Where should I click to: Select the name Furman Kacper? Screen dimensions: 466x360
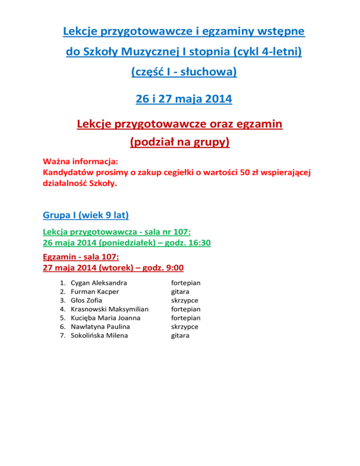coord(95,292)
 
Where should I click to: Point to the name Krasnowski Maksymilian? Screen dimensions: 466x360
coord(109,309)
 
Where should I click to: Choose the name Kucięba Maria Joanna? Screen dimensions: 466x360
coord(105,318)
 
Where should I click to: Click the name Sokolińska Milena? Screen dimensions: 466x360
coord(99,336)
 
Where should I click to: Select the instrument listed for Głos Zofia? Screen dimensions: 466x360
coord(185,300)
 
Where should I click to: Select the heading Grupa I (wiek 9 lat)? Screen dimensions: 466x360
coord(86,216)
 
